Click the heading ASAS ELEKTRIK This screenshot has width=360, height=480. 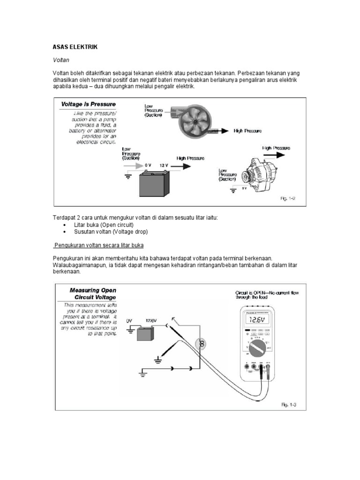[x=75, y=47]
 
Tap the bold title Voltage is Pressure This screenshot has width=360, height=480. [x=88, y=104]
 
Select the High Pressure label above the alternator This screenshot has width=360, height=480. [x=276, y=148]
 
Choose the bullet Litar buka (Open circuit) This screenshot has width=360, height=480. [x=100, y=225]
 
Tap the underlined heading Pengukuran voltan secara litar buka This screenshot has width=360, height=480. [x=99, y=245]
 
